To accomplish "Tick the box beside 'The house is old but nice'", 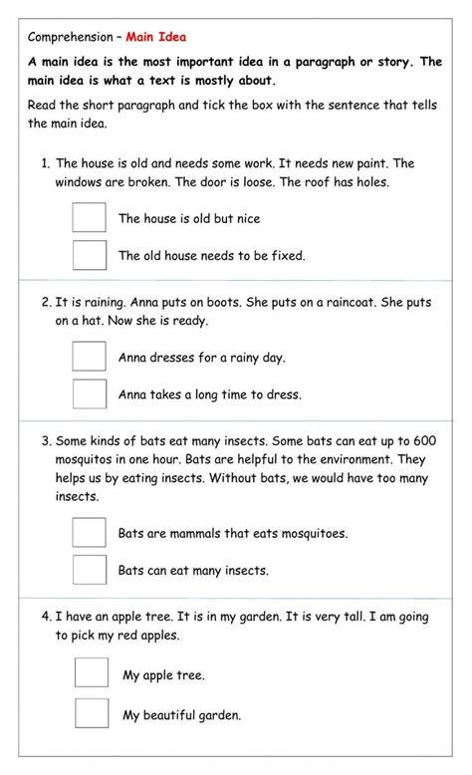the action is click(x=90, y=218).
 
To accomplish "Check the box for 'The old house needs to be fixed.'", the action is click(x=90, y=255).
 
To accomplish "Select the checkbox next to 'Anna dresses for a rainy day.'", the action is click(x=90, y=357).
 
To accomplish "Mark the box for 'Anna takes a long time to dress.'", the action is click(x=90, y=393).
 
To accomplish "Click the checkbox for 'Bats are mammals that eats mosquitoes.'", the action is click(x=90, y=533).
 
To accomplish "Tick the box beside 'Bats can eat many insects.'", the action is click(x=90, y=570).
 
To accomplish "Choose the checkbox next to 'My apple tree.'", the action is click(x=92, y=674).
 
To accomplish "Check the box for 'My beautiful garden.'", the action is click(x=92, y=714).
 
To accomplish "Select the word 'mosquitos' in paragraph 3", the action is click(x=87, y=460).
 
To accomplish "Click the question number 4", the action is click(x=47, y=618).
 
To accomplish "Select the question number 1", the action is click(x=46, y=163).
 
